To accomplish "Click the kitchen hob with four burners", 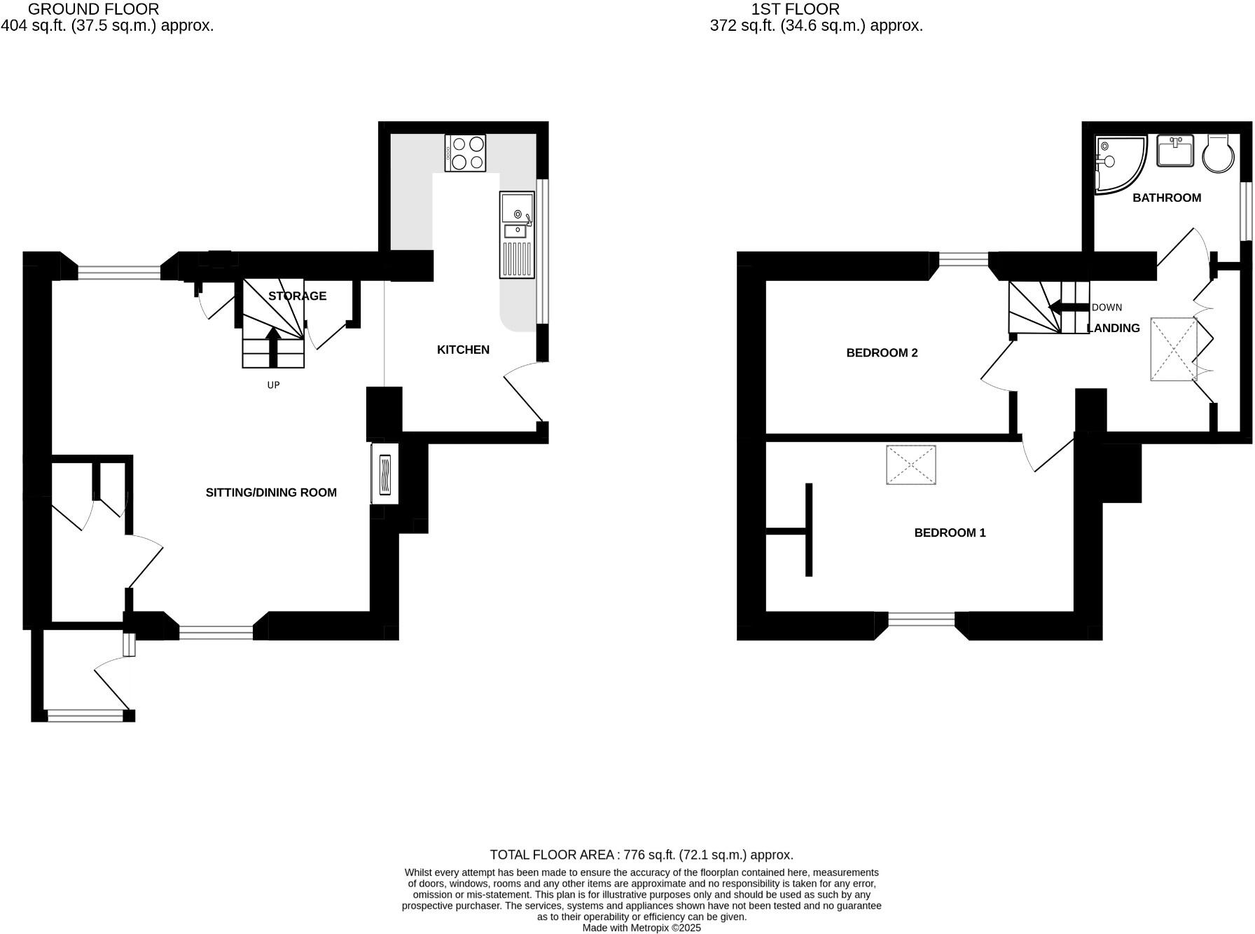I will pos(466,153).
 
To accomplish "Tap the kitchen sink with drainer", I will pos(517,235).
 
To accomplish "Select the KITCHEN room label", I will pos(463,350).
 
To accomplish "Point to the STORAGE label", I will pos(297,296).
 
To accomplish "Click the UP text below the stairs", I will pos(273,385).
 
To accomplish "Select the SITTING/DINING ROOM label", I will pos(271,493).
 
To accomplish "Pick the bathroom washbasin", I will pos(1175,151).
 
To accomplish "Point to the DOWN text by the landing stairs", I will pos(1107,308).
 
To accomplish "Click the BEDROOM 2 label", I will pos(882,353).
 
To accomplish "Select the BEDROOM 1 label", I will pos(950,533).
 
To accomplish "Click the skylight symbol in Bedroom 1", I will pos(911,465).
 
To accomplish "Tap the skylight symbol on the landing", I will pos(1173,349).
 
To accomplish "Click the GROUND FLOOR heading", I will pos(93,9).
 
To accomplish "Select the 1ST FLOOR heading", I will pos(795,9).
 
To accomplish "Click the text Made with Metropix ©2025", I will pos(641,928).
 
